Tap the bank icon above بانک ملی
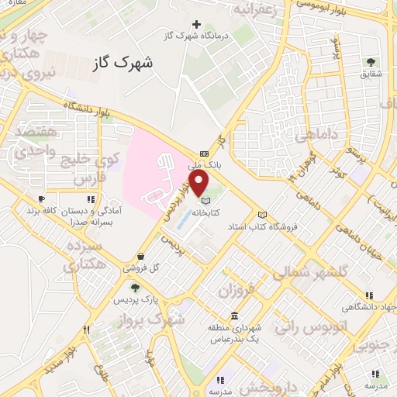tap(204, 154)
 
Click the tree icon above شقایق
tap(370, 61)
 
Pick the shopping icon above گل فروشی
tap(140, 257)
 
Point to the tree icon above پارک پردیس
tap(135, 288)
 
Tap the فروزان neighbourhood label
tap(237, 292)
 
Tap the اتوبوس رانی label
tap(298, 327)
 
